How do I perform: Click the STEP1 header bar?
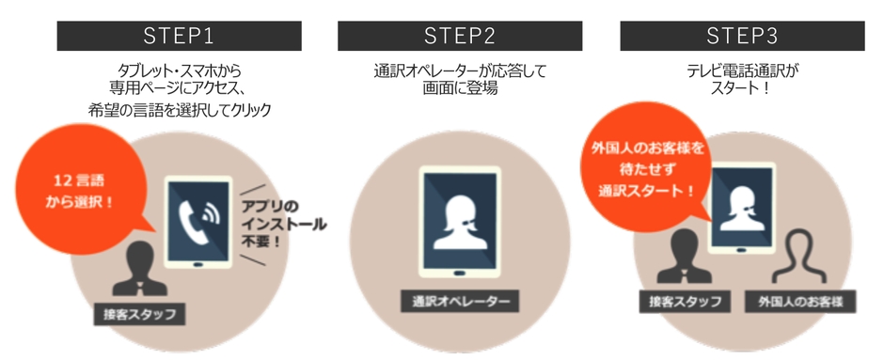point(180,37)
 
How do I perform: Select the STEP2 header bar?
point(460,37)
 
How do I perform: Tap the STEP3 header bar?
point(740,37)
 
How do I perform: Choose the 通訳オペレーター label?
point(459,301)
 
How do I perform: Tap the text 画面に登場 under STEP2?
point(459,89)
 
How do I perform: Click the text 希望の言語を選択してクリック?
point(179,110)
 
